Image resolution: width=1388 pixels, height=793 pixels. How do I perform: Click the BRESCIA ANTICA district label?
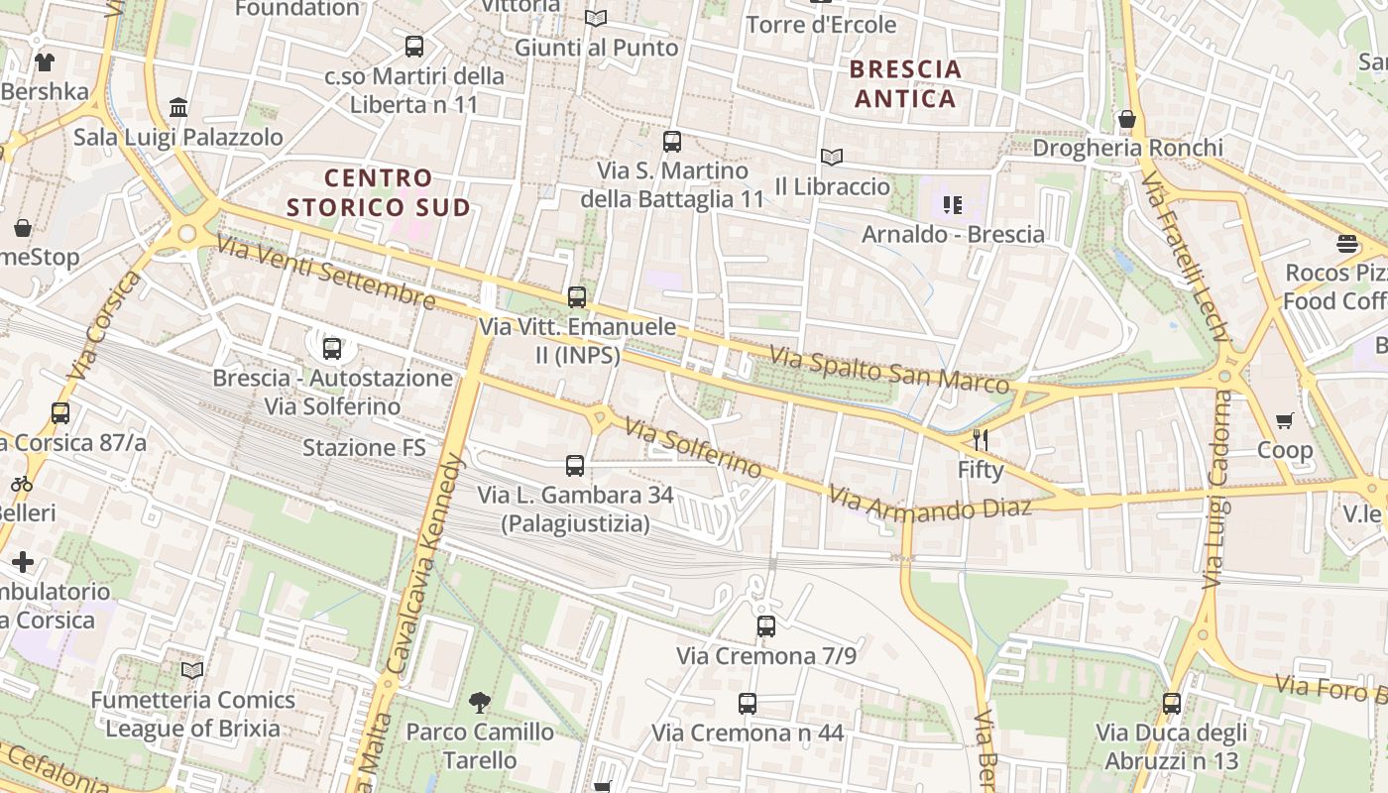[x=906, y=84]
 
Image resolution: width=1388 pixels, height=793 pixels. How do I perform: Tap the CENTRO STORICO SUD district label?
[x=379, y=192]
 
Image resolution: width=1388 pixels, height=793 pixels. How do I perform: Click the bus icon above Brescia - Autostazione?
[x=332, y=349]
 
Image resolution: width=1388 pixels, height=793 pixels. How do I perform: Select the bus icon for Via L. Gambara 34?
[x=575, y=466]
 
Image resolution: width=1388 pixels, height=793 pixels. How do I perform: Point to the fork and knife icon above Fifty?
[x=981, y=440]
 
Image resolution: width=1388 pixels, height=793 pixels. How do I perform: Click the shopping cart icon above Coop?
[x=1285, y=421]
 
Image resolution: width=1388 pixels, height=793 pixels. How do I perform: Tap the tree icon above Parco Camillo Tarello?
[x=481, y=704]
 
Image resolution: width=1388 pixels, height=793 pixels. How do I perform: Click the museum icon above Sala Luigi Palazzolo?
[x=178, y=107]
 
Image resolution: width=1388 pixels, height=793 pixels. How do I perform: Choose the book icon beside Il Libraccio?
[x=832, y=158]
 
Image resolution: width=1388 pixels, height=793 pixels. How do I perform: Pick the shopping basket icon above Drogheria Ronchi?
[x=1127, y=119]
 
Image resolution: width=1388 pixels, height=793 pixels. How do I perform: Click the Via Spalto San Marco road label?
[x=889, y=369]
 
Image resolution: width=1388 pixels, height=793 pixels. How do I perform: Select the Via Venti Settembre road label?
[x=325, y=272]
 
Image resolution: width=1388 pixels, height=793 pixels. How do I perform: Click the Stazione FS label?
[x=364, y=448]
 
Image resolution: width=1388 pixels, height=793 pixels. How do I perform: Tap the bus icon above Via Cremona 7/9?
[x=766, y=626]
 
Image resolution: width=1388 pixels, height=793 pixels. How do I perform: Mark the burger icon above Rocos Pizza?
[x=1346, y=244]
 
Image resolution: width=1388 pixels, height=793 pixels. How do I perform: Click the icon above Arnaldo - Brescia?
[x=953, y=205]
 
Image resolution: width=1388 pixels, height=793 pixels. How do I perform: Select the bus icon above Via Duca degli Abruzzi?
[x=1172, y=704]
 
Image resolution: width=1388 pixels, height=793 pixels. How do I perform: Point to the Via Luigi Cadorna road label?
[x=1215, y=490]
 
